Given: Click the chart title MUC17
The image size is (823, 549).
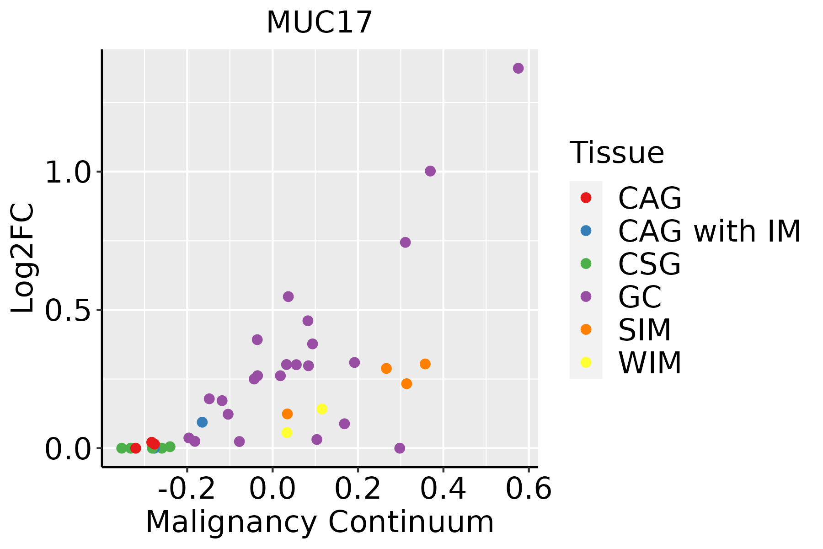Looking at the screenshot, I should pos(319,22).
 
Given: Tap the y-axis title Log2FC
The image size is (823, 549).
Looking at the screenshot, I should pos(23,258).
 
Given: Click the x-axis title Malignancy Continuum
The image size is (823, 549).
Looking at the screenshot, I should pos(320,522).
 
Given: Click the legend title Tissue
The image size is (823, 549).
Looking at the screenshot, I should pos(617,153).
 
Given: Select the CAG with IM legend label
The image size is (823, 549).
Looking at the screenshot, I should pos(709,231).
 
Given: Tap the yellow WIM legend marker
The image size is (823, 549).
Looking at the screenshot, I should pos(586,362).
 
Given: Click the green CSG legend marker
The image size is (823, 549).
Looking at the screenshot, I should pos(586,264).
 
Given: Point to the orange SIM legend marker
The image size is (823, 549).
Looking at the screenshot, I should pos(586,329).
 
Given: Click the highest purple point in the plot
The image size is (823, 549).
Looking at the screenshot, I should pos(518,68).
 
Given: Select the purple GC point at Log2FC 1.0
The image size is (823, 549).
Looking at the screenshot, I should pos(430,171).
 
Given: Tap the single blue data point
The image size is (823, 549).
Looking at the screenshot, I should pos(202,422).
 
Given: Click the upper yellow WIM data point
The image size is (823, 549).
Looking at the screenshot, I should pos(322,409).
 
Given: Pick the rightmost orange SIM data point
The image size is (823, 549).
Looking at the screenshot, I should pos(425,364).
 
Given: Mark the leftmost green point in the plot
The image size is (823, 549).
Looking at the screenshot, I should pos(122,448).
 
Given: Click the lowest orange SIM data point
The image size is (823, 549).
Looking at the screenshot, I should pos(287,414).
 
